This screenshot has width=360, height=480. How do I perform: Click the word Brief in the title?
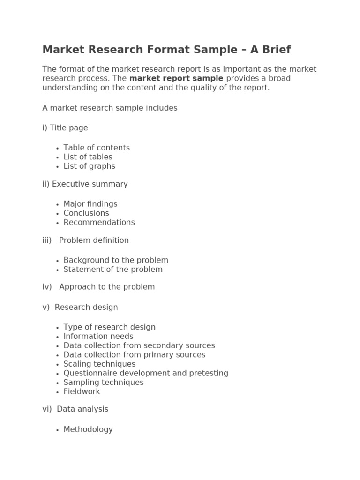pyautogui.click(x=274, y=50)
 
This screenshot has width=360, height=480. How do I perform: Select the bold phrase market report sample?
pyautogui.click(x=176, y=78)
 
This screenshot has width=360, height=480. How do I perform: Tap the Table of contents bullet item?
pyautogui.click(x=97, y=148)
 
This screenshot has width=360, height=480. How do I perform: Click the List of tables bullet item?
pyautogui.click(x=88, y=157)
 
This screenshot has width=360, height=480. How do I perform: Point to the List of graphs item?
pyautogui.click(x=89, y=166)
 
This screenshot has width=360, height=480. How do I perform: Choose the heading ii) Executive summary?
pyautogui.click(x=85, y=184)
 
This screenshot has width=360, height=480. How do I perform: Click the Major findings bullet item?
pyautogui.click(x=90, y=204)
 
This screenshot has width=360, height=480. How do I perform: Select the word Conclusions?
pyautogui.click(x=86, y=213)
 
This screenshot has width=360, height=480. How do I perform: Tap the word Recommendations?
pyautogui.click(x=99, y=223)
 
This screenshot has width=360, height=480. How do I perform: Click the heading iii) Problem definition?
pyautogui.click(x=85, y=240)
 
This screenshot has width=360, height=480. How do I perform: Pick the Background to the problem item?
pyautogui.click(x=116, y=260)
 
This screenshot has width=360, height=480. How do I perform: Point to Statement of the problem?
pyautogui.click(x=113, y=270)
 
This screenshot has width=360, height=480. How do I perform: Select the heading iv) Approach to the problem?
pyautogui.click(x=98, y=287)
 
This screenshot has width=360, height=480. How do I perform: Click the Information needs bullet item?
pyautogui.click(x=98, y=337)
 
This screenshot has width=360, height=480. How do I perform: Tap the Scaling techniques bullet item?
pyautogui.click(x=99, y=364)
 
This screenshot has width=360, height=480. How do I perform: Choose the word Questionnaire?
pyautogui.click(x=87, y=374)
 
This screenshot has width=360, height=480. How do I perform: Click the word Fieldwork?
pyautogui.click(x=82, y=392)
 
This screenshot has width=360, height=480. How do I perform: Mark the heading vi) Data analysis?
pyautogui.click(x=75, y=409)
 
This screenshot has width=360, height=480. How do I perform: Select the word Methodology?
pyautogui.click(x=88, y=429)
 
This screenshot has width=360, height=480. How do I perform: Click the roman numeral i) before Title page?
pyautogui.click(x=45, y=128)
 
